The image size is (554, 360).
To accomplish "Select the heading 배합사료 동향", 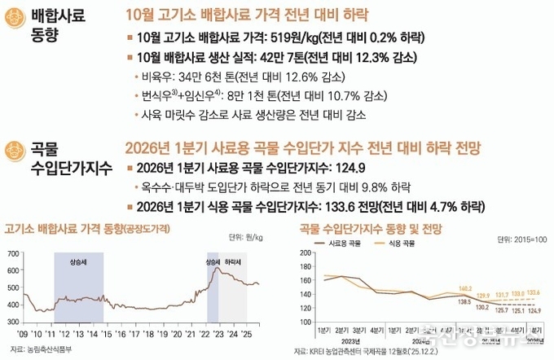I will click(58, 27).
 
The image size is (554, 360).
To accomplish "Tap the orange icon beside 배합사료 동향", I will click(14, 18).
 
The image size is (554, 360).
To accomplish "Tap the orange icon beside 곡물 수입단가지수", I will click(14, 149).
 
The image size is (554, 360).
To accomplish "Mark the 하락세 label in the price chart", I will click(233, 261).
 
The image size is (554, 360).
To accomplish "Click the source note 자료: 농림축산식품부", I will click(42, 349).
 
